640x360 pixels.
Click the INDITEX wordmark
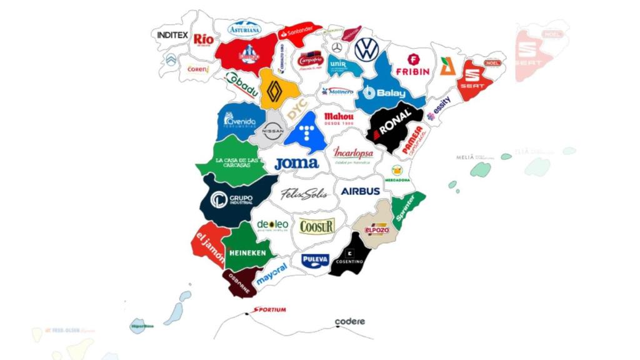coord(172,36)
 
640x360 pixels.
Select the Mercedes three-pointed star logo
coord(337,47)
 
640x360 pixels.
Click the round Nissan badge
coord(273,131)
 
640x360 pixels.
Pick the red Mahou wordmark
coord(339,119)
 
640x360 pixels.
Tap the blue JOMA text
coord(296,164)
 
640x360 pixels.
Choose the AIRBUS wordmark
coord(360,191)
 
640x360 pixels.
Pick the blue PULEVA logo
coord(315,259)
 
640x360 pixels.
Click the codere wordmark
coord(349,321)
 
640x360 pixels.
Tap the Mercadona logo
coord(397,173)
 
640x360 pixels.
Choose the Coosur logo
coord(317,226)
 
